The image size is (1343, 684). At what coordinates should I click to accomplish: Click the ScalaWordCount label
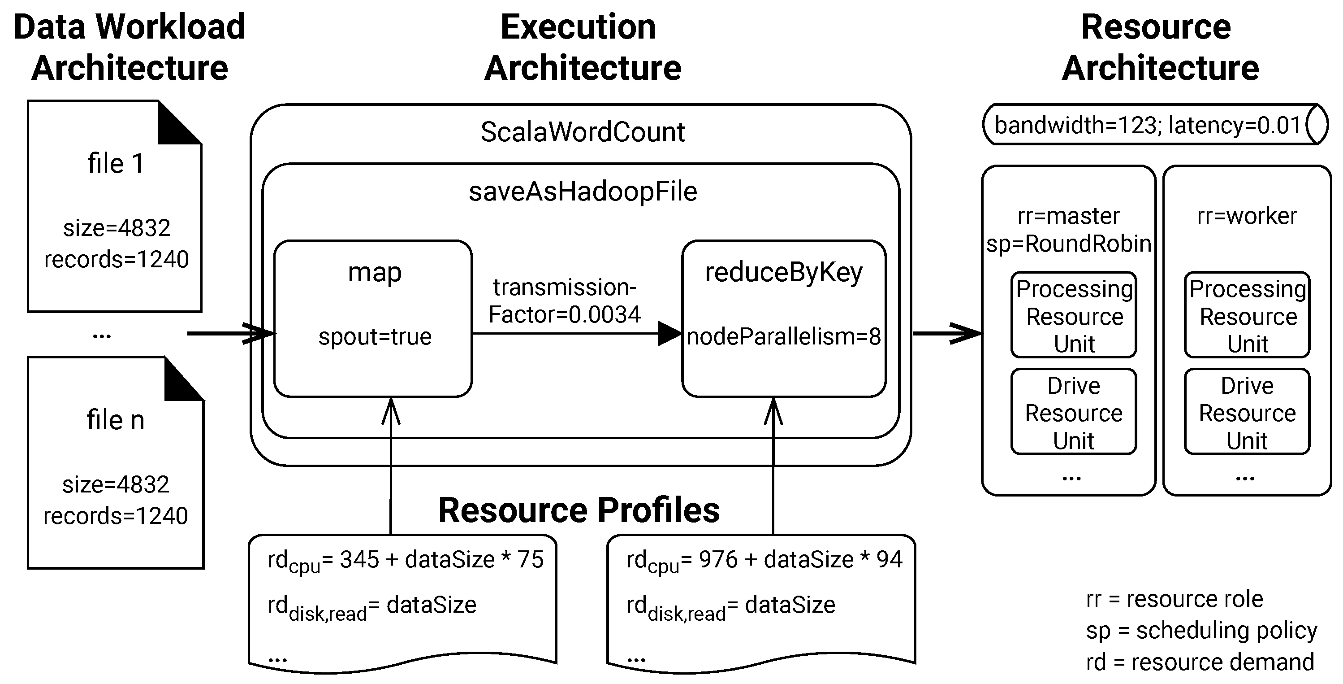[x=583, y=132]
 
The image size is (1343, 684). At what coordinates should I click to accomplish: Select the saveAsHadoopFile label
[x=583, y=192]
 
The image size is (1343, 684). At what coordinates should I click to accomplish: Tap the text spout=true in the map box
[x=375, y=337]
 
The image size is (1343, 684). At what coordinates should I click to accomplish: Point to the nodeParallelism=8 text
[x=784, y=337]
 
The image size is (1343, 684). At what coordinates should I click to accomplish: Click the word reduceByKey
[x=784, y=273]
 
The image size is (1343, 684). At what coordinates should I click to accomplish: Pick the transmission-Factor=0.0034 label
[x=565, y=301]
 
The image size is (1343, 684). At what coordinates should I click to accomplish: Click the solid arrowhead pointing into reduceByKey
[x=670, y=333]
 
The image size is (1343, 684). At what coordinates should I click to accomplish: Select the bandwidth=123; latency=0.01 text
[x=1148, y=126]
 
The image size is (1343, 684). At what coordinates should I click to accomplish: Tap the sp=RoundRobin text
[x=1068, y=244]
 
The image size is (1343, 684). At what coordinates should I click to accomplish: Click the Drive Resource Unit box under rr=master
[x=1074, y=412]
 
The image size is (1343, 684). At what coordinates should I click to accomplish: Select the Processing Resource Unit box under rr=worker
[x=1247, y=314]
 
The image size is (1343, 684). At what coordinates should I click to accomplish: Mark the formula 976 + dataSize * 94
[x=800, y=560]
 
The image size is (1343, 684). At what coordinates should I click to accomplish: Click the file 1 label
[x=115, y=164]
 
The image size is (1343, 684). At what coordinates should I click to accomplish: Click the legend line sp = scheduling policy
[x=1202, y=631]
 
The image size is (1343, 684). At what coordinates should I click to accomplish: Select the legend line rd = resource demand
[x=1200, y=662]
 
